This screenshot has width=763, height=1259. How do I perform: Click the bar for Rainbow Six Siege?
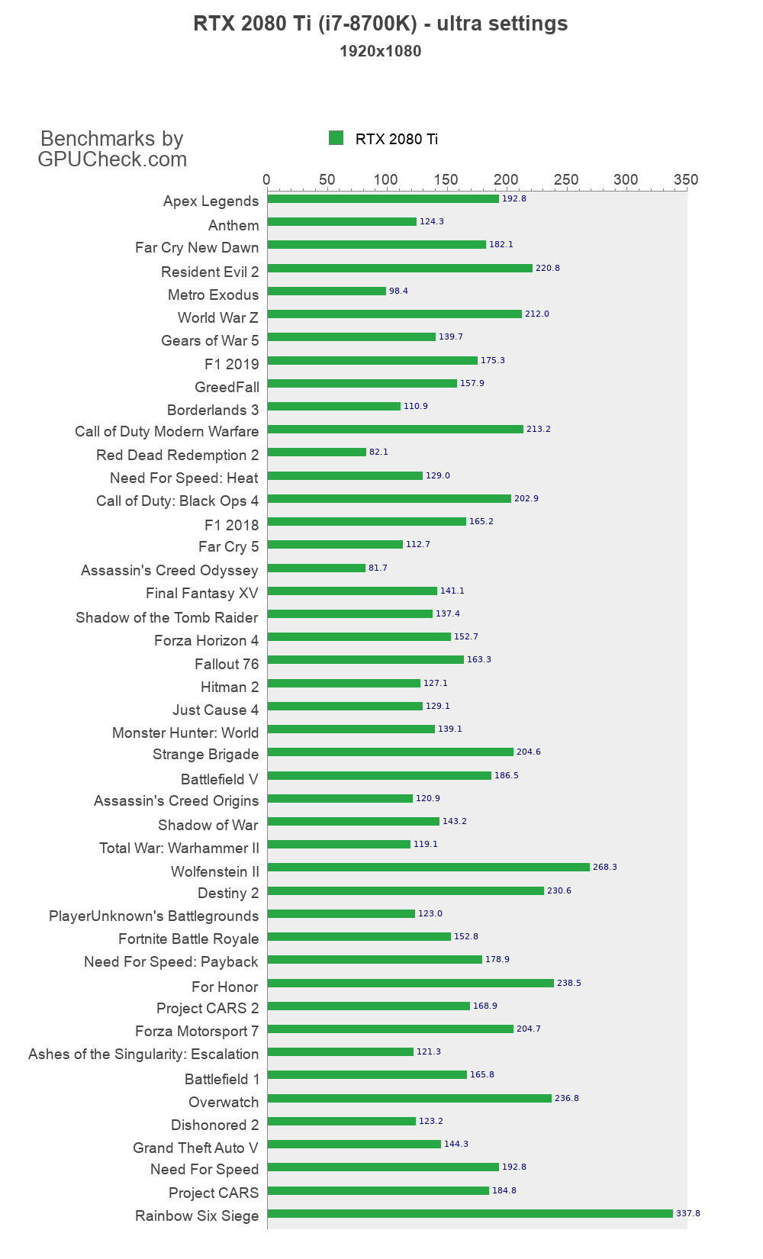click(x=470, y=1213)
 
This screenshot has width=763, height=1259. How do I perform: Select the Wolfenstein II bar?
click(x=429, y=867)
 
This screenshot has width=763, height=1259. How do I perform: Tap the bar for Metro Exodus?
click(x=327, y=291)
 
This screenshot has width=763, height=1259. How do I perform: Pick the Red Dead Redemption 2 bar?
click(x=317, y=452)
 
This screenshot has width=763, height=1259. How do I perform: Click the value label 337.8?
click(x=688, y=1213)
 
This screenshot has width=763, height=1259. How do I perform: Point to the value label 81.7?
click(x=378, y=568)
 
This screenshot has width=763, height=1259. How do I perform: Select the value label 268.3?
click(x=605, y=867)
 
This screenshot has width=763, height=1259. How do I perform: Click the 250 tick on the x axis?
click(x=566, y=179)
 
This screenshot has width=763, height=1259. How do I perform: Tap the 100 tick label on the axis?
click(x=386, y=179)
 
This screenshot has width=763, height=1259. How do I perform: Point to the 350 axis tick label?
click(x=686, y=179)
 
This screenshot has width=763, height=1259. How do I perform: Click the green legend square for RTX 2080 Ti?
click(x=336, y=137)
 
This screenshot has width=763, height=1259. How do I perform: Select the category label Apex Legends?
click(x=211, y=201)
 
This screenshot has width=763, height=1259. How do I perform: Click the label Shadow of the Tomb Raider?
click(x=166, y=617)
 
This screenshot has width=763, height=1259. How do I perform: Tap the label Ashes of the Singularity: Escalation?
click(x=143, y=1054)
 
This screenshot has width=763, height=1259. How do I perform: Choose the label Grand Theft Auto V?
click(x=195, y=1148)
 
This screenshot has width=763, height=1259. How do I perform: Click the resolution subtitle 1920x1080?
click(x=381, y=51)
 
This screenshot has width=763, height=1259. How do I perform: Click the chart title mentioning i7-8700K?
click(x=381, y=24)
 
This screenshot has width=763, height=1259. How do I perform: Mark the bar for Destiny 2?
click(x=406, y=890)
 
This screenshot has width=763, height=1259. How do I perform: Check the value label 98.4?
click(x=398, y=291)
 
